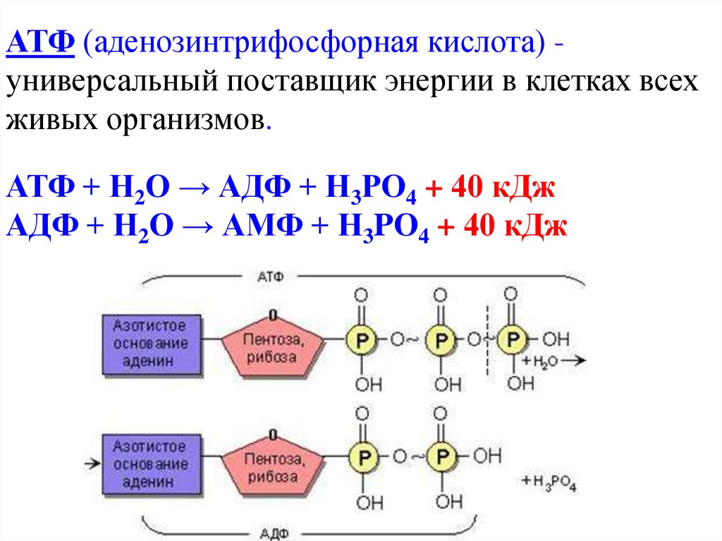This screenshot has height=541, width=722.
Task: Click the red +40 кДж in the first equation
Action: click(x=492, y=189)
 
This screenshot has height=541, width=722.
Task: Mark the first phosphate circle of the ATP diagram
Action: click(x=362, y=340)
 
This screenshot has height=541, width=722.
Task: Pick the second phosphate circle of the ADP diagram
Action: click(x=441, y=456)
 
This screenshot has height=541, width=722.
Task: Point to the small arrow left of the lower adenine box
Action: click(x=90, y=464)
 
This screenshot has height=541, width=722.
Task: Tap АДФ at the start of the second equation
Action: click(x=41, y=227)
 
